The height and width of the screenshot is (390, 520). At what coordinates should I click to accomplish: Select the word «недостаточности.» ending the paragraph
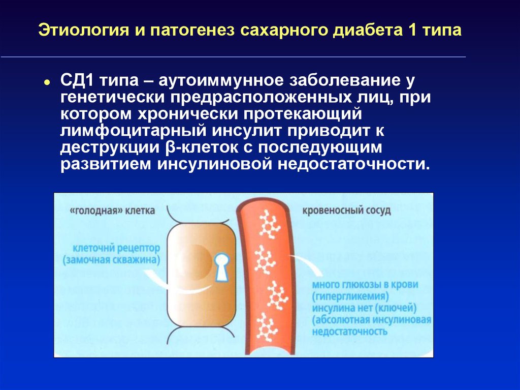tap(354, 164)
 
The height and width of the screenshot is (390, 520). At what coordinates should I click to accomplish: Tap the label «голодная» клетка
tap(112, 211)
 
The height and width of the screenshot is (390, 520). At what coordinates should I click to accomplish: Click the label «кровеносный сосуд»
tap(346, 211)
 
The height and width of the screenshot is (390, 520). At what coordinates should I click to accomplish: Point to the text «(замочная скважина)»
tap(111, 260)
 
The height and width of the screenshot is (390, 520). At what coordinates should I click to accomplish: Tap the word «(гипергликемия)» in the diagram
tap(350, 296)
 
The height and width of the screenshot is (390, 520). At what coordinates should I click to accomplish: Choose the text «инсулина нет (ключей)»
tap(364, 308)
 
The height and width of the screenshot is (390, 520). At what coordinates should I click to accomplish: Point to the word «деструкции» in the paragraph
tap(110, 148)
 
